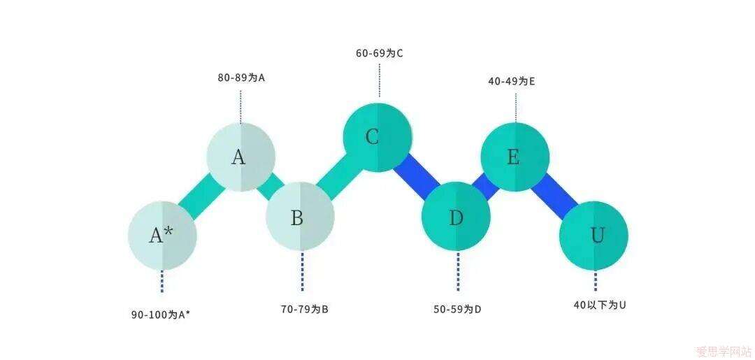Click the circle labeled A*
[x=162, y=236]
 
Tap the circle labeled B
[x=300, y=216]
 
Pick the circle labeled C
[x=377, y=137]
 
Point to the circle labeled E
[x=515, y=157]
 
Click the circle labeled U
[x=594, y=236]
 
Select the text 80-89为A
[x=241, y=78]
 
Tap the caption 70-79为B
[x=304, y=309]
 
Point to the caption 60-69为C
[x=379, y=53]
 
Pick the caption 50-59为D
[x=457, y=310]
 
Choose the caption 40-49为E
[x=511, y=81]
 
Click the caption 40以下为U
[x=600, y=305]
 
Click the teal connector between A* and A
[x=201, y=196]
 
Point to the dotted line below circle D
[x=457, y=271]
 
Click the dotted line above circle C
[x=380, y=80]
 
